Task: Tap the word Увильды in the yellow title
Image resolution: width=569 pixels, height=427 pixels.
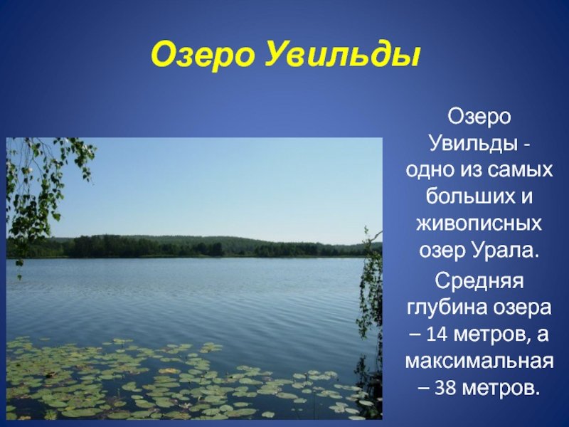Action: (342, 56)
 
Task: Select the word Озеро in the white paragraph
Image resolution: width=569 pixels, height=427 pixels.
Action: (479, 117)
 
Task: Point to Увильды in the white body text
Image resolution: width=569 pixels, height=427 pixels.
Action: (472, 144)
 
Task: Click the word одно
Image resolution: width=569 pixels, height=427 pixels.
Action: (430, 171)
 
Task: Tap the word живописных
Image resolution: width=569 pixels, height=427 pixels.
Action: (479, 225)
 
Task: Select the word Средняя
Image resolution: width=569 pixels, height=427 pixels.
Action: (479, 280)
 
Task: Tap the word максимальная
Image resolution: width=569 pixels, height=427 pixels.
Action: (479, 362)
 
